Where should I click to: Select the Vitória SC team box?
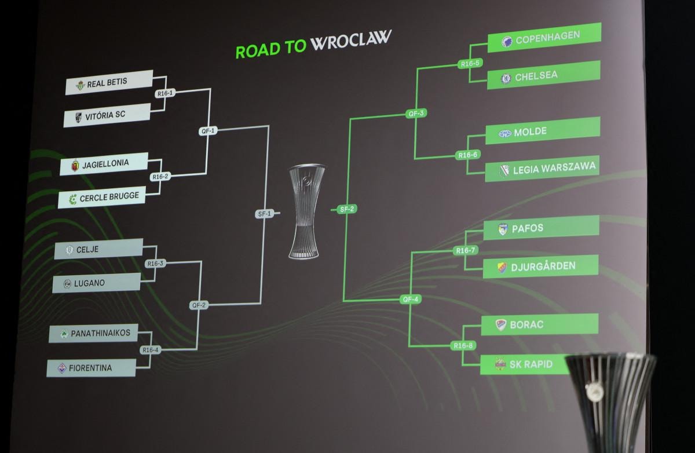click(x=107, y=115)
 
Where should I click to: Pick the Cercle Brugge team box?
click(x=103, y=197)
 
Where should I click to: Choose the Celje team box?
click(x=98, y=249)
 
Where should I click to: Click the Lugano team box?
click(x=96, y=283)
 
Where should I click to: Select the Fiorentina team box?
click(x=92, y=367)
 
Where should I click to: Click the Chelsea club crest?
click(x=506, y=77)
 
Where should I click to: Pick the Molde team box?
click(x=542, y=131)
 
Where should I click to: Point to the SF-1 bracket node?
click(x=264, y=213)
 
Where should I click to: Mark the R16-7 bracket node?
click(x=464, y=250)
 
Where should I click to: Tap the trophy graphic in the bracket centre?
click(x=305, y=210)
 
